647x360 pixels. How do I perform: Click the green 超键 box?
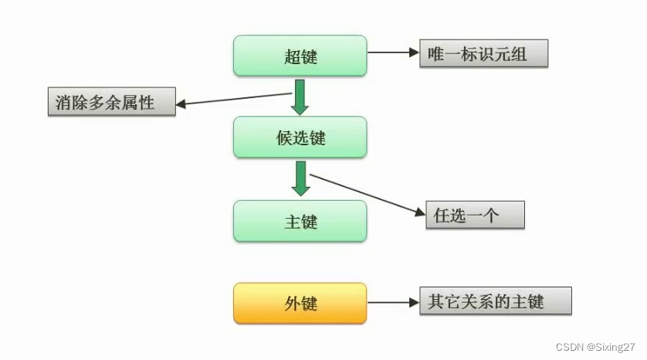tap(300, 56)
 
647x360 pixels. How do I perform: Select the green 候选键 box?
tap(300, 138)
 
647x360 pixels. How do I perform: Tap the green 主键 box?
tap(300, 221)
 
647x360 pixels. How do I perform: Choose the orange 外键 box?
tap(300, 304)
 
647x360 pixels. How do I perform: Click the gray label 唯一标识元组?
tap(483, 55)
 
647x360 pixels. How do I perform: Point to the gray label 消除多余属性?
tap(111, 102)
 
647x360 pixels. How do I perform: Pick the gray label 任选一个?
tap(475, 216)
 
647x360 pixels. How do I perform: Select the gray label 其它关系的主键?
tap(495, 301)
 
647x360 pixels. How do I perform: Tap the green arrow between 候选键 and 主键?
tap(300, 178)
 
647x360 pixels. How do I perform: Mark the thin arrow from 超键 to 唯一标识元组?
tap(392, 53)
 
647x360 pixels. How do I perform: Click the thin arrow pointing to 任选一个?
tap(366, 193)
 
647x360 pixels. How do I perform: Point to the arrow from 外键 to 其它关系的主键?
tap(392, 303)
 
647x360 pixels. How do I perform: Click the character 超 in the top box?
tap(291, 56)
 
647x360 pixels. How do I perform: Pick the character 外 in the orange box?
tap(291, 304)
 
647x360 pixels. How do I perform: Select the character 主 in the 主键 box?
tap(291, 222)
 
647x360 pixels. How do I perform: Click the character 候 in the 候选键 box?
tap(283, 138)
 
